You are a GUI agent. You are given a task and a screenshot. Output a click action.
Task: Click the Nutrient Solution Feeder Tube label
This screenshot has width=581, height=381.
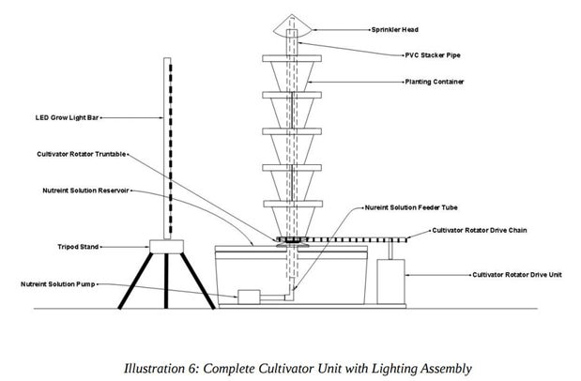[x=407, y=206]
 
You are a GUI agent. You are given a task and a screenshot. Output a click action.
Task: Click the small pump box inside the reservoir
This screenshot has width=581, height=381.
[x=249, y=296]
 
